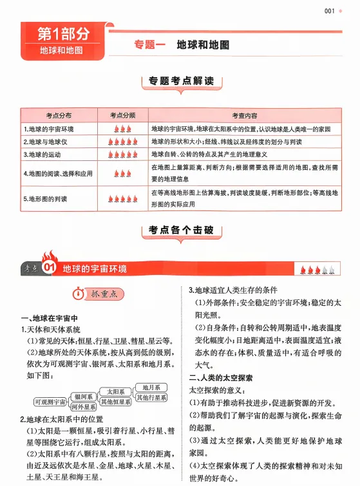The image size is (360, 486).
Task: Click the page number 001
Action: point(330,10)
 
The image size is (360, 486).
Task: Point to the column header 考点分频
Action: point(122,115)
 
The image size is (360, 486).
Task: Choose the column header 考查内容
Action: point(245,115)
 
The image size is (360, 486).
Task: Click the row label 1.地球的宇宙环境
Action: point(49,129)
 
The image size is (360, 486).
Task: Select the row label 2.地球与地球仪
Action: point(45,142)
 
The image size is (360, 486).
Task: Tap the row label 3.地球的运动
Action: point(43,154)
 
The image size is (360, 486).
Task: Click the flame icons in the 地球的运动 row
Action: point(122,154)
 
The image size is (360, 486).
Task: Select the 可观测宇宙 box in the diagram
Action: point(50,402)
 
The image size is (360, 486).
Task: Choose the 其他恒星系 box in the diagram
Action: point(116,402)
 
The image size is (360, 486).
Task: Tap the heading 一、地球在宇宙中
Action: point(50,318)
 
